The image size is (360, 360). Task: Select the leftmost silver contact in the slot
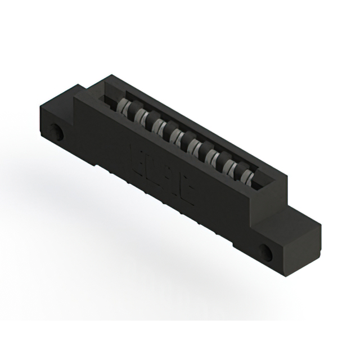pyautogui.click(x=125, y=106)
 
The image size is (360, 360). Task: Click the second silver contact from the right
pyautogui.click(x=229, y=166)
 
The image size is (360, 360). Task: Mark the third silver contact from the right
pyautogui.click(x=213, y=156)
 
